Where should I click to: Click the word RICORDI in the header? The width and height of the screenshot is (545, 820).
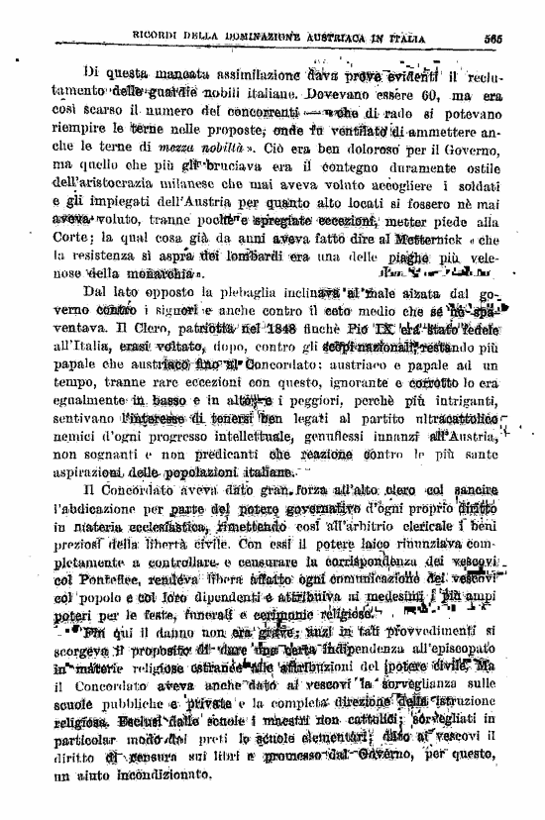point(158,39)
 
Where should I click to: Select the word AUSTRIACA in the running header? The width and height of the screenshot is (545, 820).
point(358,39)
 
